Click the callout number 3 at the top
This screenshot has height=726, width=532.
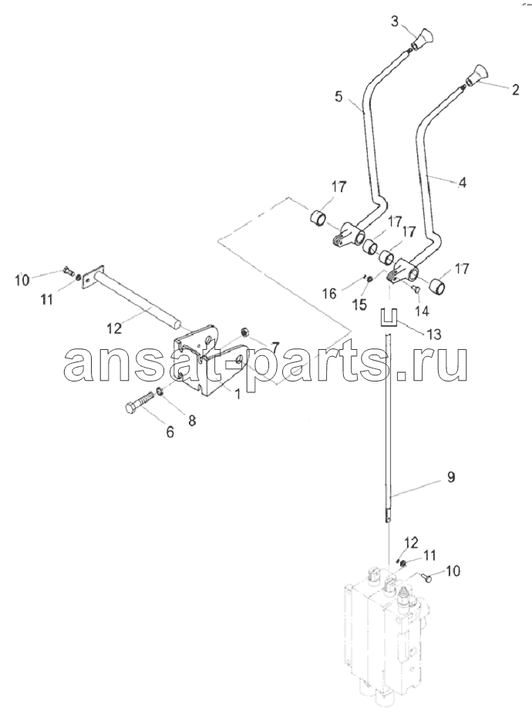point(395,21)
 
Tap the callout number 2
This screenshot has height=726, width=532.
point(515,89)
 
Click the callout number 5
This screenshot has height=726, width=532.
point(338,97)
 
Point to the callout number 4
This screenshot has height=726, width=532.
point(461,183)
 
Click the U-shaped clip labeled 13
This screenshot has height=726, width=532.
point(388,317)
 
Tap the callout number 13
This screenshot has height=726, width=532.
point(434,334)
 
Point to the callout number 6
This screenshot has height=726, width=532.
point(170,432)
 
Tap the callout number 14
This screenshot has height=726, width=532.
point(421,311)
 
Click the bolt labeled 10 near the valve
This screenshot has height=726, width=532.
point(427,577)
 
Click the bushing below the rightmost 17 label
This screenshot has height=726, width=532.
point(437,287)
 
